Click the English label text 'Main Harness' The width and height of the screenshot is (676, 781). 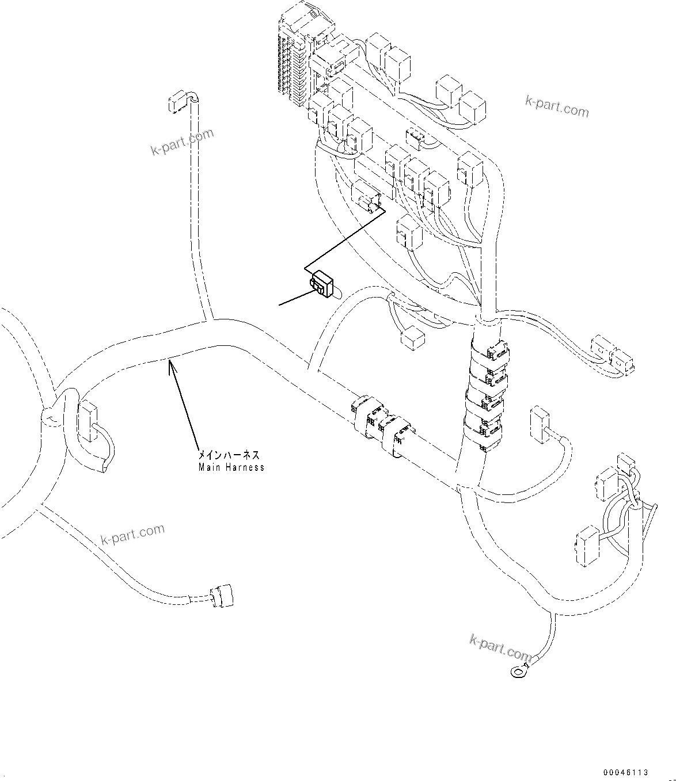[x=231, y=467]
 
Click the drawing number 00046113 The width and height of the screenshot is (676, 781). [x=626, y=772]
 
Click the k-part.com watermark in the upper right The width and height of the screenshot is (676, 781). [x=557, y=105]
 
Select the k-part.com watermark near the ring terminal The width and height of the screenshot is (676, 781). [x=500, y=647]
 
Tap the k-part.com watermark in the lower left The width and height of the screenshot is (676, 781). [x=132, y=535]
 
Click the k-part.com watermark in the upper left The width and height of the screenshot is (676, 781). [x=181, y=142]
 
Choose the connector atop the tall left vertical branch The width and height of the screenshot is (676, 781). [x=178, y=103]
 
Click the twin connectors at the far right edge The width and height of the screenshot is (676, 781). [x=613, y=353]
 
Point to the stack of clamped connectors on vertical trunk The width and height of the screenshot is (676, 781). [x=485, y=396]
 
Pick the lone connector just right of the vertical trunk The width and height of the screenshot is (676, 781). [x=540, y=425]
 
